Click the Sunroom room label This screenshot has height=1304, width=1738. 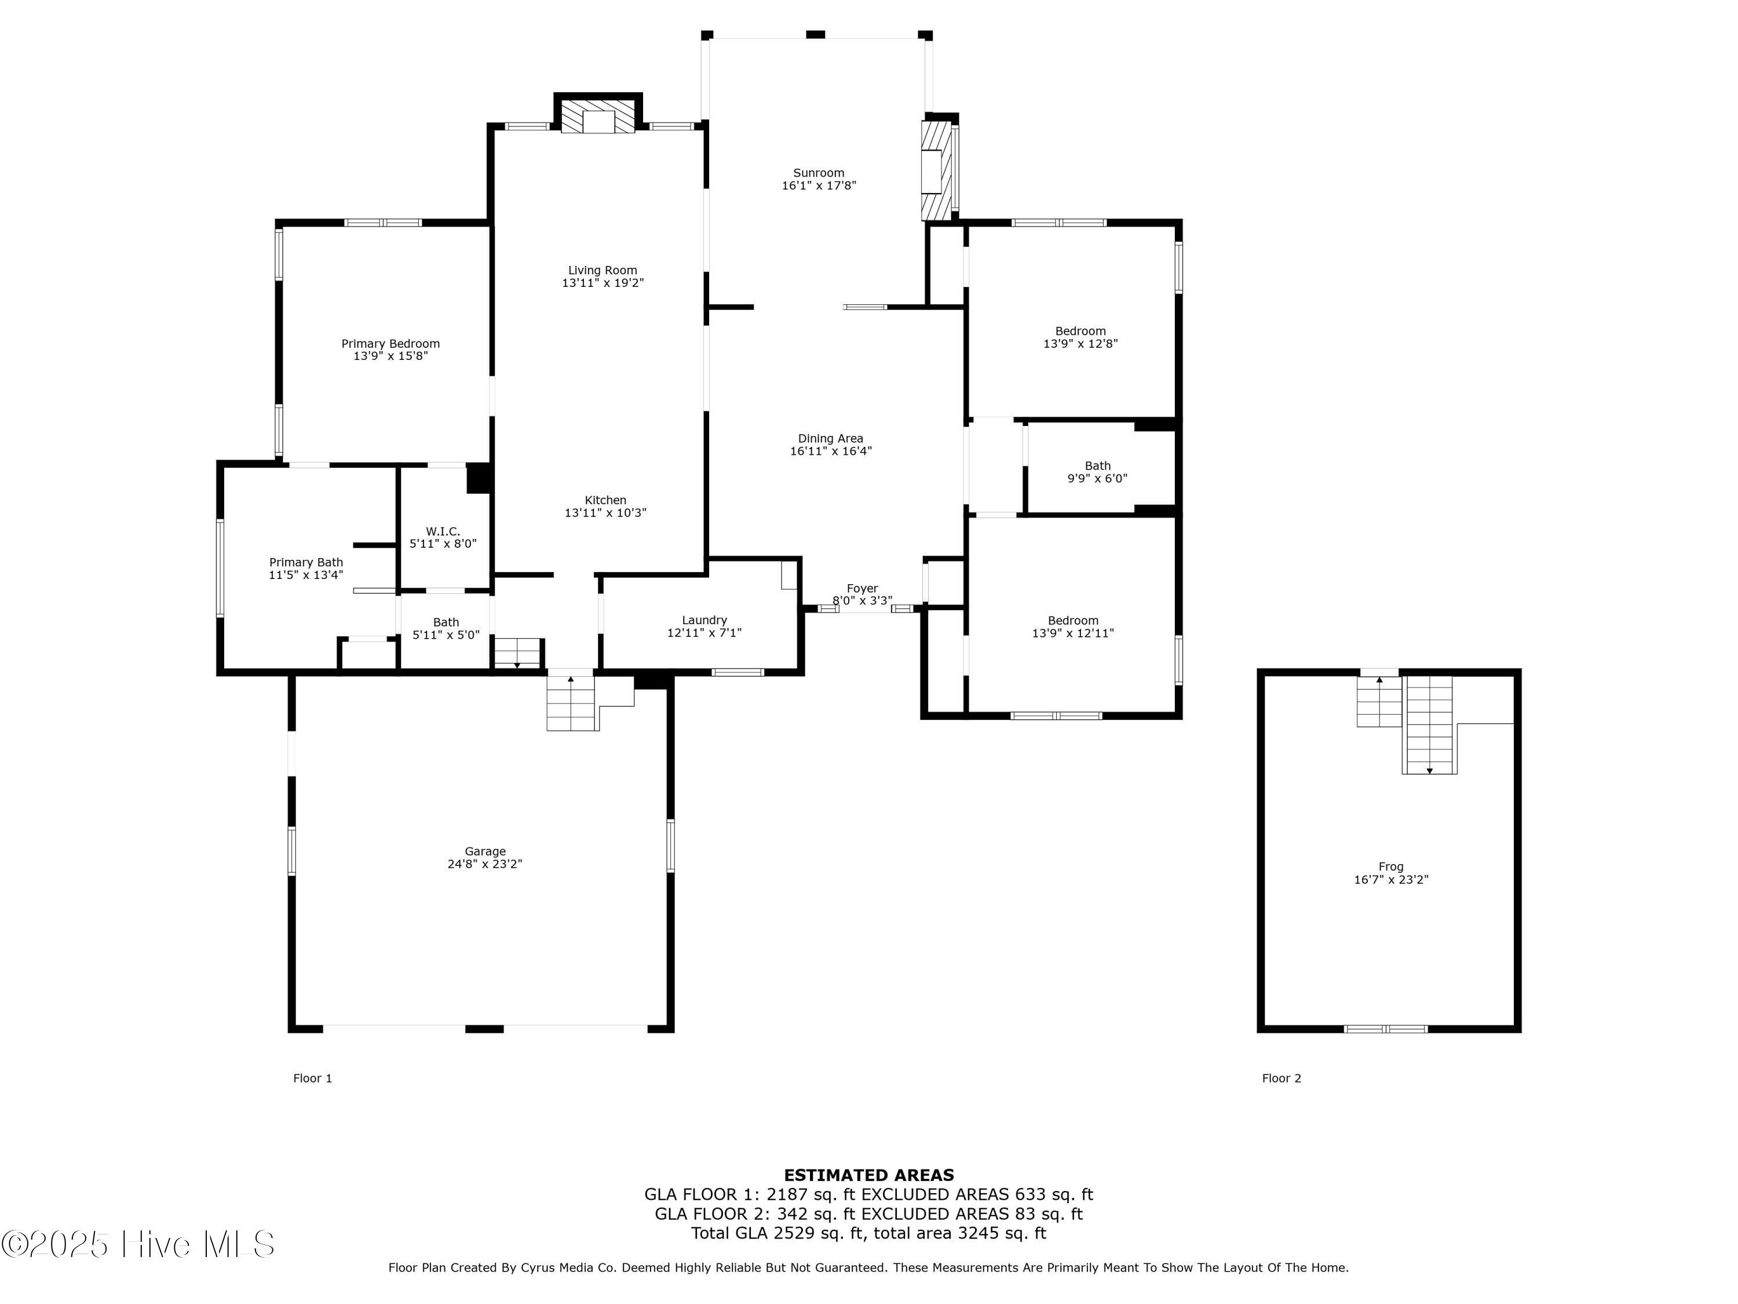(818, 173)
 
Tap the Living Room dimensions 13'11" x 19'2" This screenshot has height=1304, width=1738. (603, 283)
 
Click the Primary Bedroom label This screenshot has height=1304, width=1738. (390, 344)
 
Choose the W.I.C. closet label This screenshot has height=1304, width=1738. (443, 531)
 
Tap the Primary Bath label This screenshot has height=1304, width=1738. (306, 562)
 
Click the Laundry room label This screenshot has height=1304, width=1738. (704, 620)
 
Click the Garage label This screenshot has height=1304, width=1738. (485, 851)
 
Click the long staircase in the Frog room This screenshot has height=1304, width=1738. (1429, 724)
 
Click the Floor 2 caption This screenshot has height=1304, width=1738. (1281, 1079)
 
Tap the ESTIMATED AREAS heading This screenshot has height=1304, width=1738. (868, 1175)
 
